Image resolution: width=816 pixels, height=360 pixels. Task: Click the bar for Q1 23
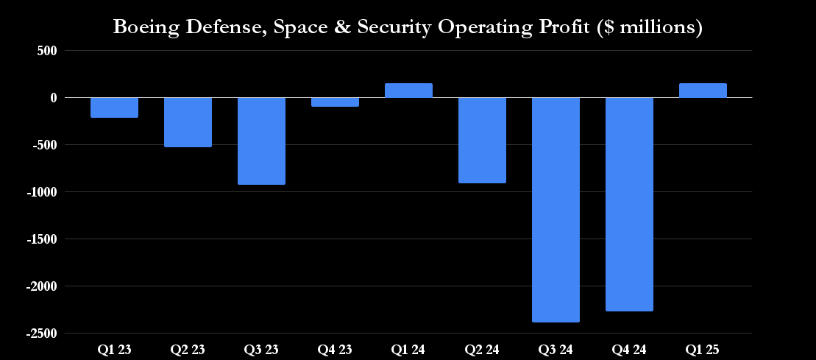pos(114,107)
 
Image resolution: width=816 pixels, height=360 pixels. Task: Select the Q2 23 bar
pos(188,122)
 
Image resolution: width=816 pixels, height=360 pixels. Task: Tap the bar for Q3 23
pos(261,141)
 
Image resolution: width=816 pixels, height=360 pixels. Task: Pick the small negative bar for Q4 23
pos(335,102)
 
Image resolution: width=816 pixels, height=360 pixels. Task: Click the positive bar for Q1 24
pos(408,91)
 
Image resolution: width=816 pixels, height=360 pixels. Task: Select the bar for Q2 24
pos(482,140)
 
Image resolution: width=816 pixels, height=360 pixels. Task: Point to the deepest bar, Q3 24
pos(556,210)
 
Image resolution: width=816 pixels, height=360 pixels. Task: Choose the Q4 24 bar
pos(629,204)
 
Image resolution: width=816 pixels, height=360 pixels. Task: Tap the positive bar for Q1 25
pos(703,91)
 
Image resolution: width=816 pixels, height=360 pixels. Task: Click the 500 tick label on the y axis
pos(46,51)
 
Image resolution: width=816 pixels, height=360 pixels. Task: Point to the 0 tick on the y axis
pos(54,98)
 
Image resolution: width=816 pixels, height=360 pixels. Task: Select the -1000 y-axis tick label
pos(41,192)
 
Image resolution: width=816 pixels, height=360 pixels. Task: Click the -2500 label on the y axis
pos(41,333)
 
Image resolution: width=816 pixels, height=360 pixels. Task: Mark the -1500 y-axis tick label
pos(41,239)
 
